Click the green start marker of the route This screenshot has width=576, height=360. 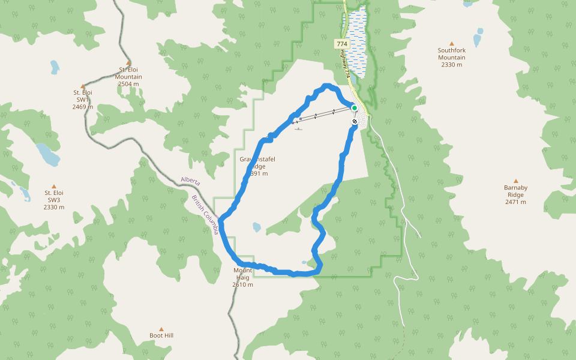[x=355, y=108]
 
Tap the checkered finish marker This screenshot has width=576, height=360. [x=355, y=121]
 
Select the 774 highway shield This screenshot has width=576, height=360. [x=341, y=44]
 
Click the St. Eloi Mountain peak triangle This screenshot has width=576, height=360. [x=128, y=62]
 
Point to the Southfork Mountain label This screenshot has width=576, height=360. [x=452, y=54]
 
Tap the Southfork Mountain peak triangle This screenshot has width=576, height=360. [x=452, y=43]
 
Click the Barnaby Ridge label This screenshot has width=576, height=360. [x=515, y=191]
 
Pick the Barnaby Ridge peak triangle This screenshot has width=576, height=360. [x=515, y=181]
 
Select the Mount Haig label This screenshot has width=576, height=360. [x=242, y=274]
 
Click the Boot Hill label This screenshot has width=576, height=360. [x=161, y=335]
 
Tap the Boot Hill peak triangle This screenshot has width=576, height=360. [x=161, y=329]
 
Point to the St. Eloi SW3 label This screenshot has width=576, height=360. [x=54, y=200]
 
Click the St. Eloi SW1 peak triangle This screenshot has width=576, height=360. [x=83, y=86]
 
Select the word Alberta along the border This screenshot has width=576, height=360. [x=190, y=181]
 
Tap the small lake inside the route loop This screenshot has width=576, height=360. [x=257, y=227]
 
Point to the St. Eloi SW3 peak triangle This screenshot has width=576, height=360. [x=54, y=187]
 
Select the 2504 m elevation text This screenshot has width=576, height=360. [x=128, y=84]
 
